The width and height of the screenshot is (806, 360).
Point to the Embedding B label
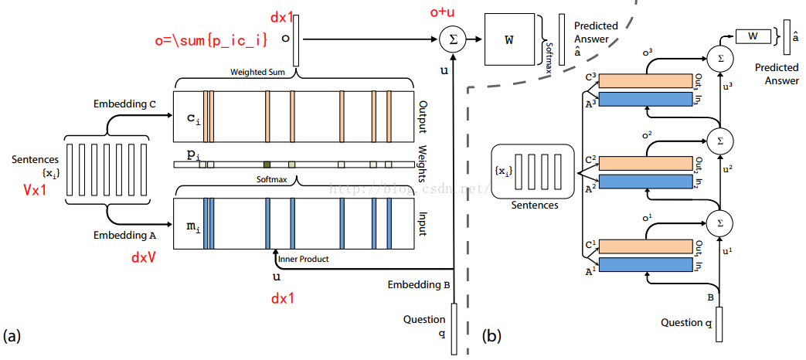pos(419,285)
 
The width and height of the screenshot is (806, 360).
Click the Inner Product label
pos(303,259)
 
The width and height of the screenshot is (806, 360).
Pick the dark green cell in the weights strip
pos(267,164)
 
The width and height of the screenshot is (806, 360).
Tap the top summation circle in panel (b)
pos(719,57)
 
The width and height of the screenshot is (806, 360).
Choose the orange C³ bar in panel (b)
pos(644,81)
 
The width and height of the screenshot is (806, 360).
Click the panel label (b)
pos(491,336)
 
